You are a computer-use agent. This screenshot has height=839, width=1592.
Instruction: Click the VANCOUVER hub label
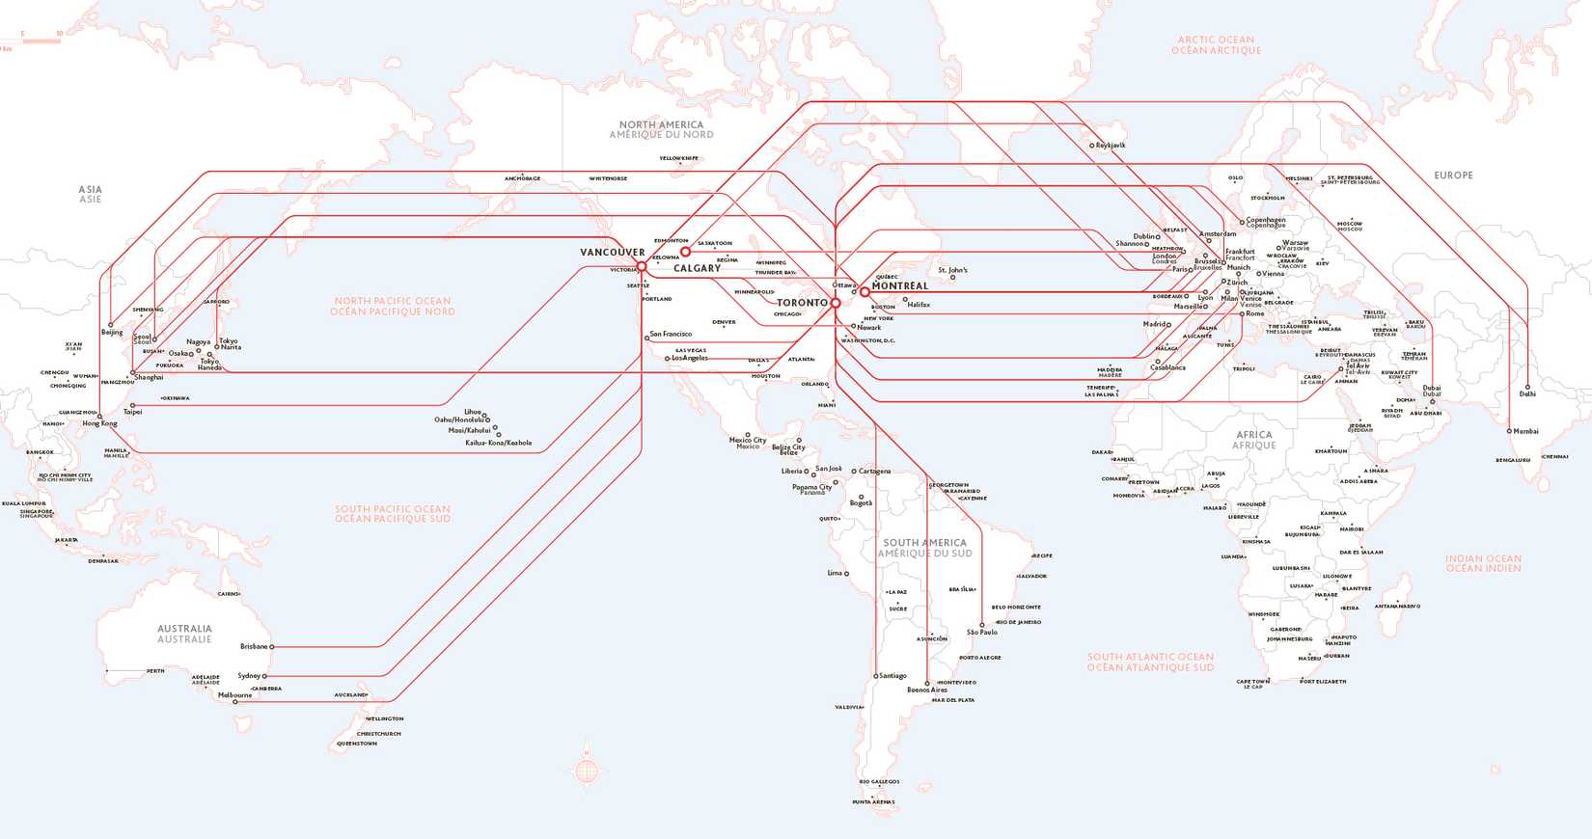(612, 253)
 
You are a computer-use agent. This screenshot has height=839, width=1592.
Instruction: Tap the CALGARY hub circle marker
(685, 253)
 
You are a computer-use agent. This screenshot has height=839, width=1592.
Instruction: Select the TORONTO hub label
(802, 303)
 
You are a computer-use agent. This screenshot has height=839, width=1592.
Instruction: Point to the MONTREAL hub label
(900, 286)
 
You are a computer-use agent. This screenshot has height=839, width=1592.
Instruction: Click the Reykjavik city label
(1111, 146)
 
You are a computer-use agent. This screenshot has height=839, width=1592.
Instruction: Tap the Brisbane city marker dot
(272, 647)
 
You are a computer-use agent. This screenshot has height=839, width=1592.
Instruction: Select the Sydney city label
(249, 676)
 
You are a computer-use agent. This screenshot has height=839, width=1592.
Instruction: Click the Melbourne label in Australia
(234, 694)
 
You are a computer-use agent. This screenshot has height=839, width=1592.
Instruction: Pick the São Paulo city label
(982, 633)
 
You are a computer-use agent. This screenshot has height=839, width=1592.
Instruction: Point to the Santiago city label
(892, 676)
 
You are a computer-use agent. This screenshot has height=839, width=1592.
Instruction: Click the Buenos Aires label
(927, 690)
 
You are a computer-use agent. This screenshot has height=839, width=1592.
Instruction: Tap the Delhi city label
(1527, 394)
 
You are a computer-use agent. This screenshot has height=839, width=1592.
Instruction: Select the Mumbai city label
(1525, 431)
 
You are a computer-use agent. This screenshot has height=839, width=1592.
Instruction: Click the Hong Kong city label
(99, 424)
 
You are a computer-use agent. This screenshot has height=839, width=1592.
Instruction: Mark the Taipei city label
(132, 413)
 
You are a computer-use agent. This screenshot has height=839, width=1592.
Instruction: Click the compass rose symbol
(587, 770)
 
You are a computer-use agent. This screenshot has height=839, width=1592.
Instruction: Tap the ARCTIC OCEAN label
(1216, 45)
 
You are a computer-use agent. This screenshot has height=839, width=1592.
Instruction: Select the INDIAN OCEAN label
(1483, 563)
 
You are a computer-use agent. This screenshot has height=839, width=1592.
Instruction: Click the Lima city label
(835, 574)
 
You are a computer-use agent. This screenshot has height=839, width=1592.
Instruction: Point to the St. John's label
(952, 271)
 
